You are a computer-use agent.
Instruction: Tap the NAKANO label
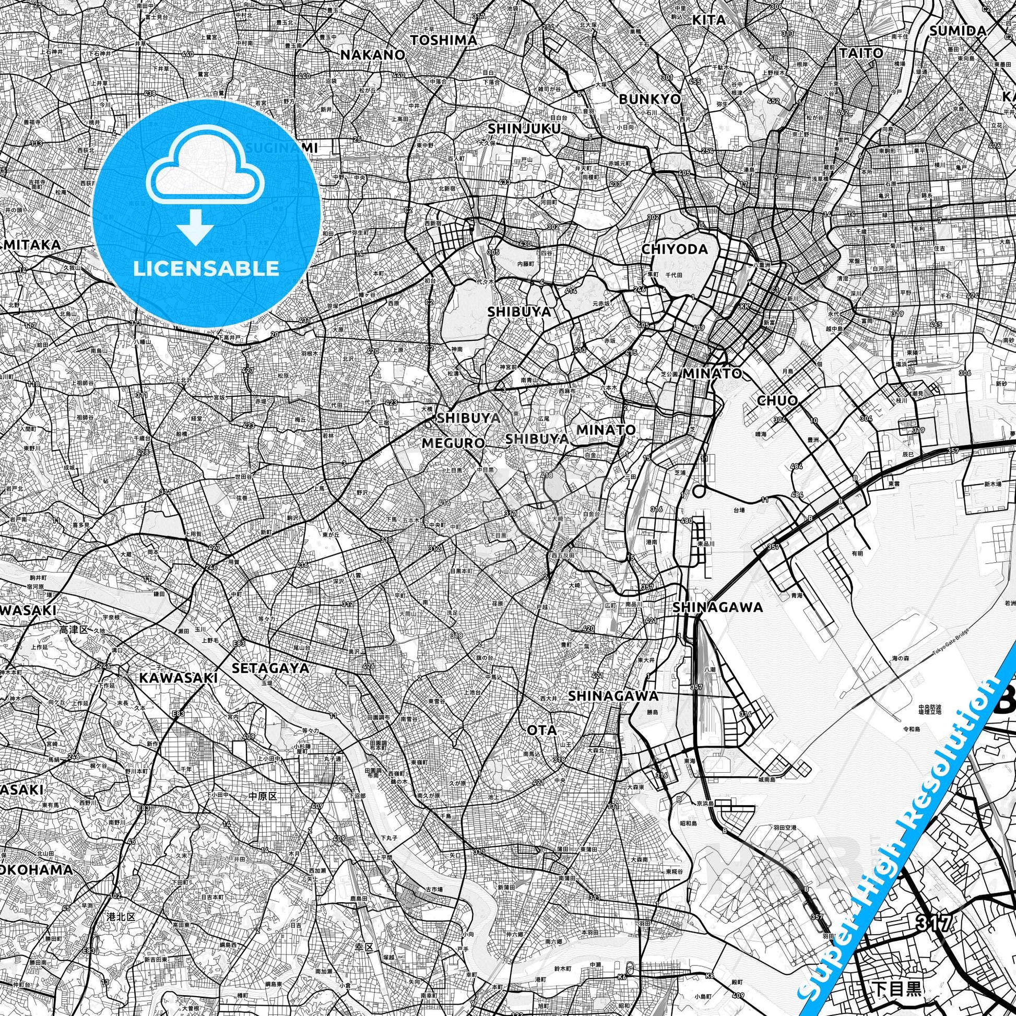tap(373, 55)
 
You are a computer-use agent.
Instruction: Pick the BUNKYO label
tap(649, 98)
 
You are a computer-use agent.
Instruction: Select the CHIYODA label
tap(675, 249)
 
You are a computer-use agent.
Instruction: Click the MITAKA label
tap(31, 244)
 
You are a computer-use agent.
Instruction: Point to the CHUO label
tap(777, 400)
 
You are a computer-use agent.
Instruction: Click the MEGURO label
tap(453, 443)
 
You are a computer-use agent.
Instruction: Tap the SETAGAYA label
tap(270, 667)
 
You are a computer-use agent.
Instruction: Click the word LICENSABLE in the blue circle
tap(206, 268)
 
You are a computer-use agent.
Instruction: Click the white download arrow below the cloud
tap(195, 226)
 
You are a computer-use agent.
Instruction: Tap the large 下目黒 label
tap(896, 990)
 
